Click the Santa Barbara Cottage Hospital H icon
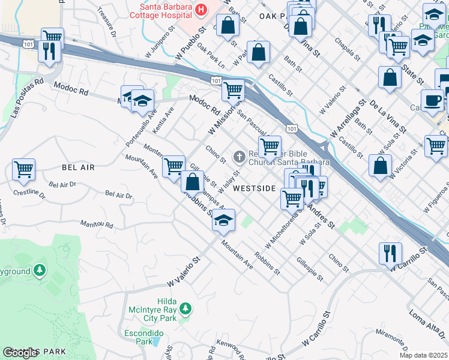200,10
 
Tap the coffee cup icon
432,100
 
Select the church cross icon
239,157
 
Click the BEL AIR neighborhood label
77,167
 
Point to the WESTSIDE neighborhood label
254,188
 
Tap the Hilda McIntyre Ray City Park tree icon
186,308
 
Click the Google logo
20,353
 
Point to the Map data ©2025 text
423,355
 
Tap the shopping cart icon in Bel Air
23,169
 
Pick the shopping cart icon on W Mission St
233,91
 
